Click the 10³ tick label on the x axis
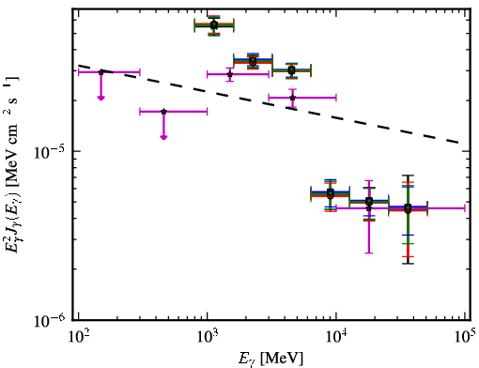point(207,336)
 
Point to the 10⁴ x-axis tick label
point(336,336)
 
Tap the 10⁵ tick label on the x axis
point(465,336)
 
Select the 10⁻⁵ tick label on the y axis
point(50,151)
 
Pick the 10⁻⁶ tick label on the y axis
point(50,320)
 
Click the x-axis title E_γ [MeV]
point(270,359)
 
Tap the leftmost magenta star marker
point(100,72)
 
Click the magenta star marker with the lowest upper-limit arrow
point(163,112)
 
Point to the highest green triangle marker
point(214,24)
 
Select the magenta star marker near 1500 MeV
point(230,74)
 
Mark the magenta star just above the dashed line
point(292,98)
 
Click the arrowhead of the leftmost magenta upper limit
point(100,98)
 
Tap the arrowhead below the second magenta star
point(163,137)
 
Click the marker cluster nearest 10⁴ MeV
point(331,193)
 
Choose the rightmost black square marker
point(408,207)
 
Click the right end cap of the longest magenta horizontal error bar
point(465,208)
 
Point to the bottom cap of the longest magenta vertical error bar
point(369,253)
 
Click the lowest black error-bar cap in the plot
point(408,264)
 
